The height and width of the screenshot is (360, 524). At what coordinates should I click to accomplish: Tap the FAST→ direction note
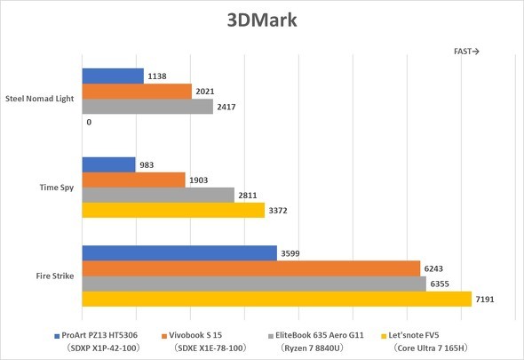pos(466,52)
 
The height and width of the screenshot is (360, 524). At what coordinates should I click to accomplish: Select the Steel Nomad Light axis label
pos(41,99)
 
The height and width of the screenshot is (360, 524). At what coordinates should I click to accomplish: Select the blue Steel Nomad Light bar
pos(112,76)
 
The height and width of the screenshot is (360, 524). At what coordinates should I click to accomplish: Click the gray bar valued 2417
pos(147,107)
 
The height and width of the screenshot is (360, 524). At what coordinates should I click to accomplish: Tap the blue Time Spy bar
pos(108,164)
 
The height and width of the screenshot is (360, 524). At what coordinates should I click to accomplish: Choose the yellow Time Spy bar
pos(173,210)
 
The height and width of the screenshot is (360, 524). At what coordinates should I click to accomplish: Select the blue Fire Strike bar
pos(179,253)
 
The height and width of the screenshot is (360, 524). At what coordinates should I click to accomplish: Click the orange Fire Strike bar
pos(250,268)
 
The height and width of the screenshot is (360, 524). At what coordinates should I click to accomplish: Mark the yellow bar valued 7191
pos(276,299)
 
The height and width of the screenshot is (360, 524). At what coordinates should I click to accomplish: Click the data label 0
pos(89,122)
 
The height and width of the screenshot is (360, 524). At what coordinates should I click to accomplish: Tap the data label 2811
pos(250,195)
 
